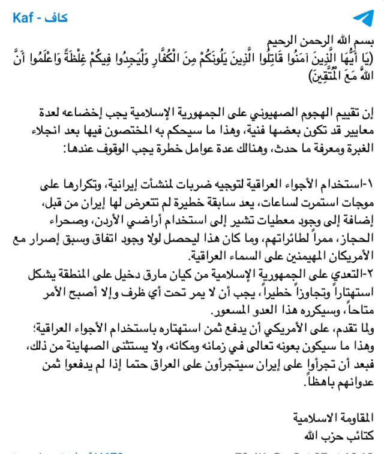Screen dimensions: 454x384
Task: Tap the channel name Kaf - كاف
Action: pyautogui.click(x=40, y=18)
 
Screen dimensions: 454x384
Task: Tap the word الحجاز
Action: pyautogui.click(x=355, y=238)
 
